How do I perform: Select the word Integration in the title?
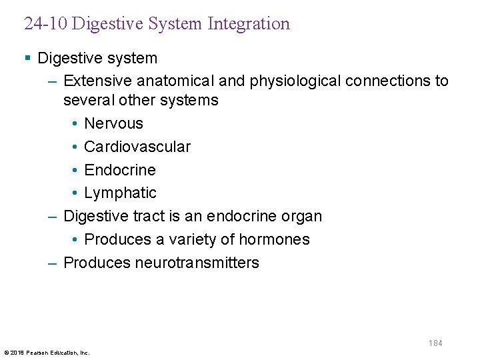click(x=249, y=25)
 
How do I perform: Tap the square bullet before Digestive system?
click(x=27, y=59)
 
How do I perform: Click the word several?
click(x=86, y=101)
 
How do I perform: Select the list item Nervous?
click(x=113, y=124)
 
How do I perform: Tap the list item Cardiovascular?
click(x=137, y=147)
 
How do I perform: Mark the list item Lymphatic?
click(x=120, y=193)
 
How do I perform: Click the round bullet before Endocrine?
click(x=76, y=170)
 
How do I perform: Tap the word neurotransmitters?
click(x=197, y=263)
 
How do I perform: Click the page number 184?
click(x=435, y=343)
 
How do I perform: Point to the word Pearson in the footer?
click(x=39, y=353)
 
